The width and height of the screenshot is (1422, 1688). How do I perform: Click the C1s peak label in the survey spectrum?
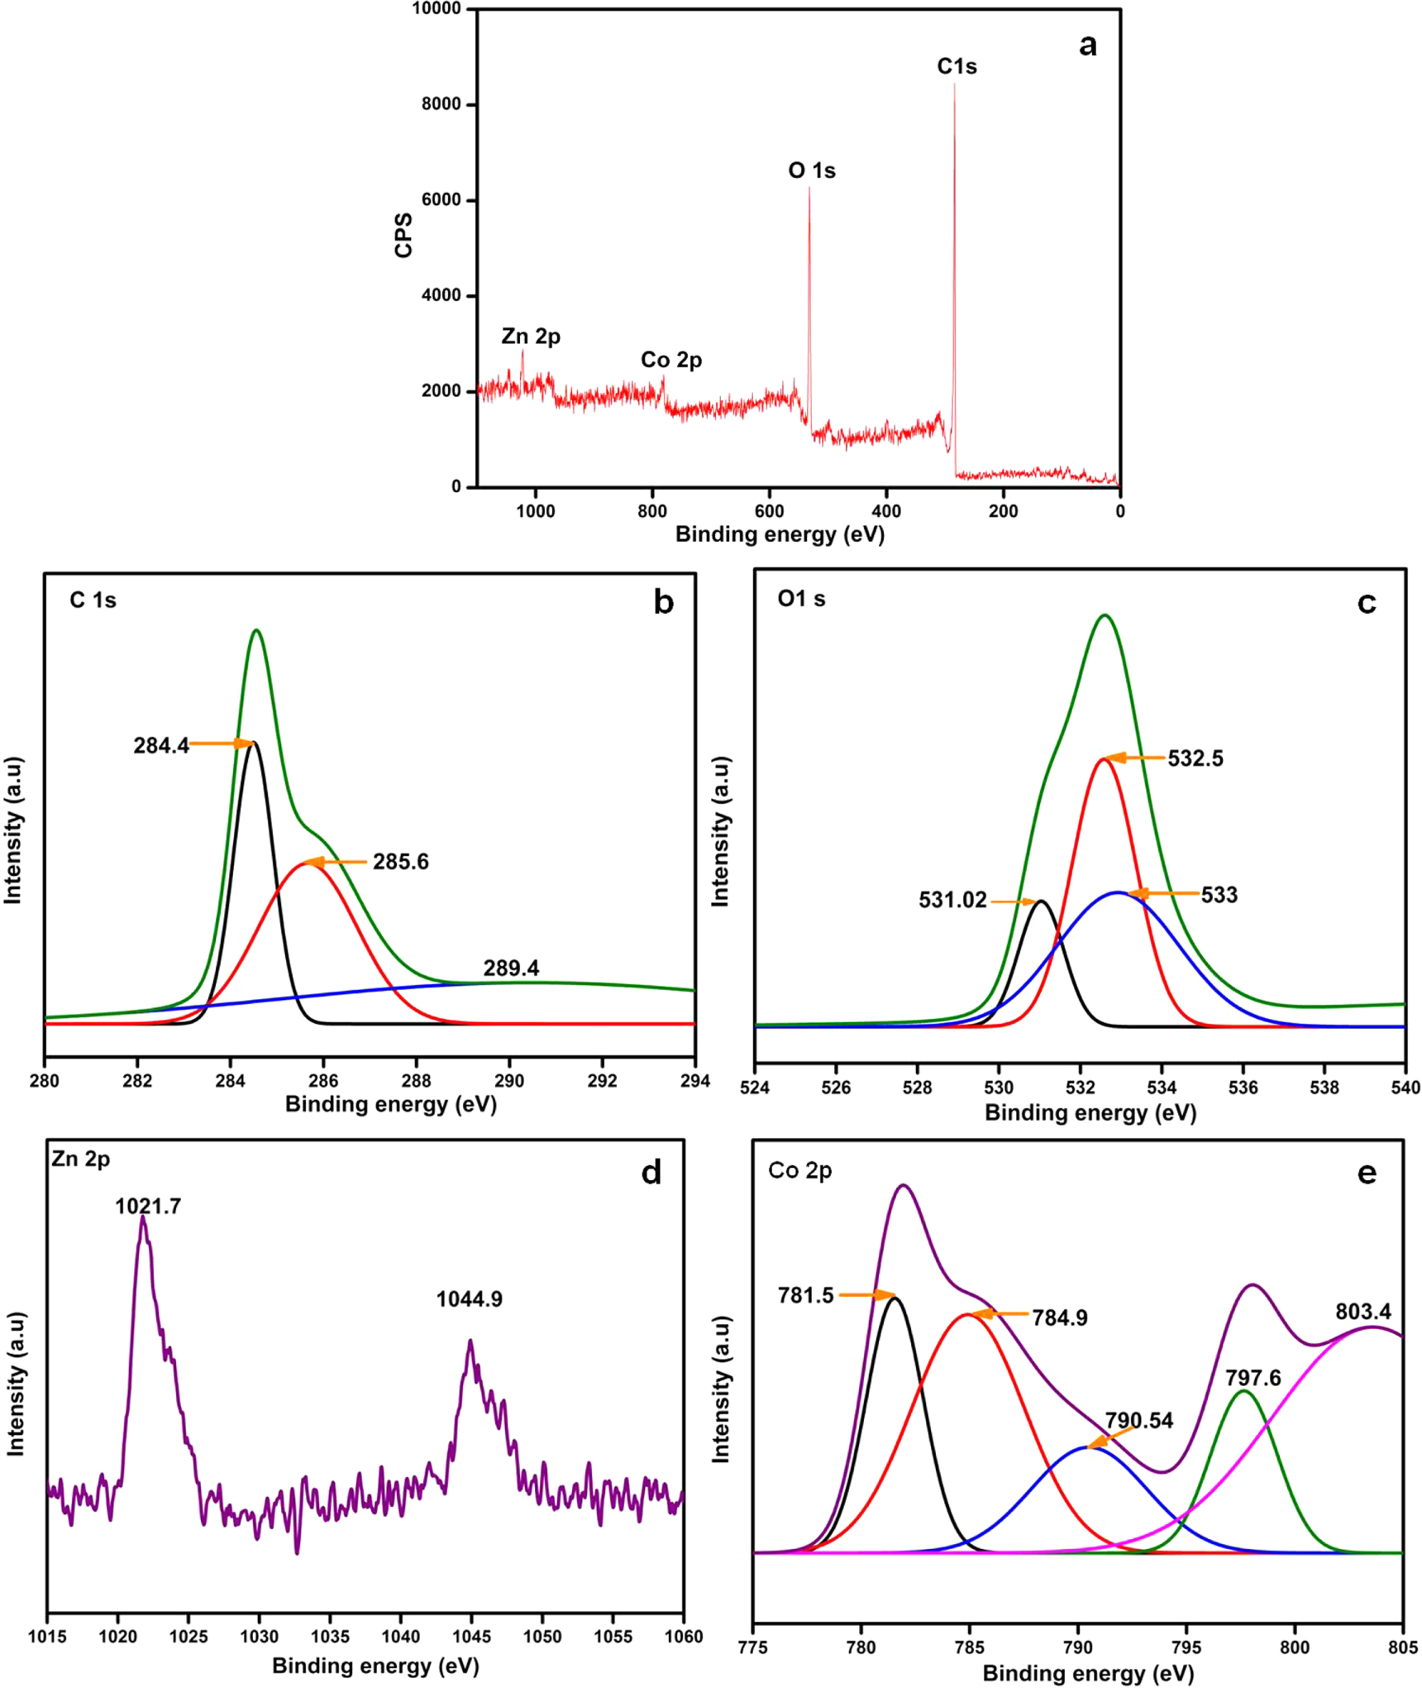click(x=957, y=66)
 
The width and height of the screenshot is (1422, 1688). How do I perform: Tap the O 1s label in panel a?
click(x=811, y=170)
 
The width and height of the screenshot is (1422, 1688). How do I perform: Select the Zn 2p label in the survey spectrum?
click(x=531, y=337)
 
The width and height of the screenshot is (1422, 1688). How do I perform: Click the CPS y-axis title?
click(x=403, y=236)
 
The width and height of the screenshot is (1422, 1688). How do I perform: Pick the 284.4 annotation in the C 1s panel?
click(x=161, y=745)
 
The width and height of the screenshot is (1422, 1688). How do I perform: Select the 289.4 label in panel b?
click(x=511, y=968)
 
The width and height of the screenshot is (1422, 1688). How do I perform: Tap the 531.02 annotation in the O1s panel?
click(x=952, y=900)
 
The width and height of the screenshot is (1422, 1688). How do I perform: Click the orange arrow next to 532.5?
click(x=1133, y=758)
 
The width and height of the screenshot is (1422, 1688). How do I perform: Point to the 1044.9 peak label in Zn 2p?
click(x=469, y=1299)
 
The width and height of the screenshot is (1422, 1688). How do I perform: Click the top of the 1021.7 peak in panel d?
click(x=143, y=1218)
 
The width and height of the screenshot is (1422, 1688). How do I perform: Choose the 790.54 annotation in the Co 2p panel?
click(x=1138, y=1421)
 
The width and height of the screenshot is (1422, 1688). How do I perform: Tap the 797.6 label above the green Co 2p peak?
click(x=1253, y=1378)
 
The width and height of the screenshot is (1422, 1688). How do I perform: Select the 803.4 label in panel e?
click(x=1362, y=1311)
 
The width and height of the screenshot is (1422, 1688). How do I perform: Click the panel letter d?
click(x=651, y=1173)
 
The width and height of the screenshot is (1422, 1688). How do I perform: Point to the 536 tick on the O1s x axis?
click(x=1243, y=1088)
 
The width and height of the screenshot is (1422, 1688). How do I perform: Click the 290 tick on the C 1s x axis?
click(x=509, y=1081)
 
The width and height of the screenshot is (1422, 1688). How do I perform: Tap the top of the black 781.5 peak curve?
click(x=894, y=1298)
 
